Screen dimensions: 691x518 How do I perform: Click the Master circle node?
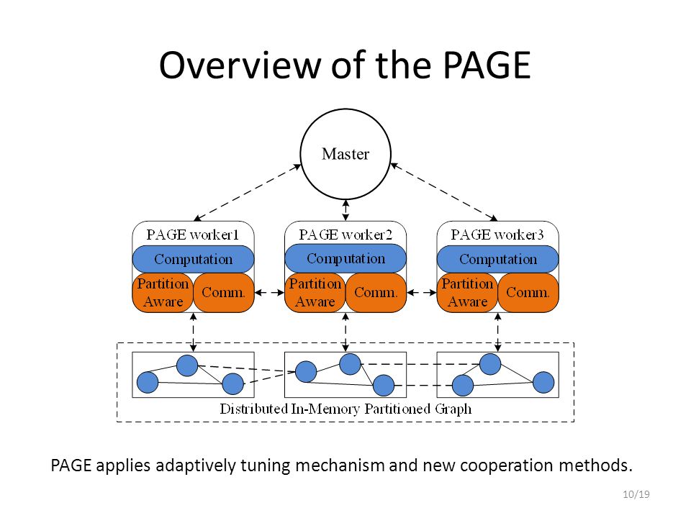(345, 154)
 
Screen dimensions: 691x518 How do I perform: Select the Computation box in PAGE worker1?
(193, 259)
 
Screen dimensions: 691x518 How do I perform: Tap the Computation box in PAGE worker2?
(345, 258)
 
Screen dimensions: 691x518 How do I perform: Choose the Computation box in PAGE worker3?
(498, 259)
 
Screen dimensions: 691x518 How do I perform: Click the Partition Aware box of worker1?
(163, 293)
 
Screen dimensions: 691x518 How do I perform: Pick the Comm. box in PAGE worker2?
(376, 293)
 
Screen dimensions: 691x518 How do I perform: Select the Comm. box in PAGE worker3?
(528, 293)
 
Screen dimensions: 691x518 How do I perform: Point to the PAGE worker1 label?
(193, 235)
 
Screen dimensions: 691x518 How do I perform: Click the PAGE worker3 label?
(497, 235)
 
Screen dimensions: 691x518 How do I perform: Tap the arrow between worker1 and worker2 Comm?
(269, 293)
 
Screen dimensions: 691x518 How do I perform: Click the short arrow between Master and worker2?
(345, 211)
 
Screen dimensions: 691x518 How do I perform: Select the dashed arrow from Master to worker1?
(247, 193)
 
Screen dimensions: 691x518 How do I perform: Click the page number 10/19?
(636, 494)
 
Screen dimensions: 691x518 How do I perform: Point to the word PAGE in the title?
(487, 65)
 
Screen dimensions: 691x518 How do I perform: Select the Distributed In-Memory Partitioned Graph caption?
(345, 409)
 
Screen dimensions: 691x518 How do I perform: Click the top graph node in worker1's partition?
(187, 365)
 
